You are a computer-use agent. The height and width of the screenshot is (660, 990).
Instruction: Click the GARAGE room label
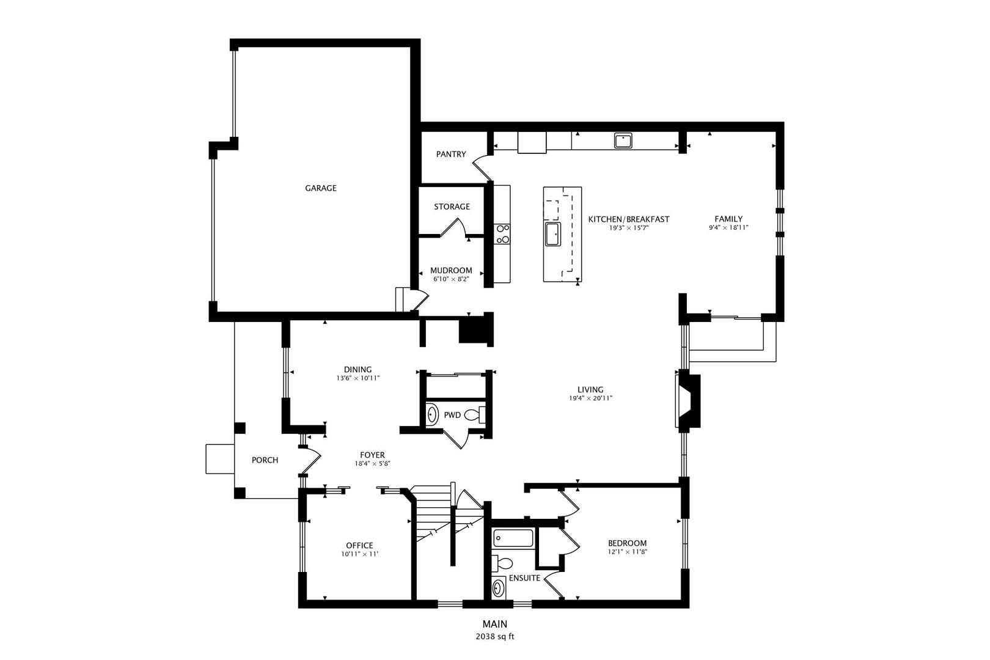(321, 188)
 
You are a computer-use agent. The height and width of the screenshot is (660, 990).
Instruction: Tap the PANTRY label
(451, 155)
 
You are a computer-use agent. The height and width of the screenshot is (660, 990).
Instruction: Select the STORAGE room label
(452, 207)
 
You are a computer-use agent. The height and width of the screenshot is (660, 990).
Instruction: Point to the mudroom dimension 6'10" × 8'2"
(451, 279)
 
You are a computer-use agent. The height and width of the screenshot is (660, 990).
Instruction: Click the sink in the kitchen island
(553, 233)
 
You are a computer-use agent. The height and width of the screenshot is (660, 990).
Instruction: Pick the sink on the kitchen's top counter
(623, 141)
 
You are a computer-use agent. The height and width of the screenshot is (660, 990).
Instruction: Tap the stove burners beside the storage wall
(503, 233)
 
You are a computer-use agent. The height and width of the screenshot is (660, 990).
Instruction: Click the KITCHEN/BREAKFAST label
(628, 219)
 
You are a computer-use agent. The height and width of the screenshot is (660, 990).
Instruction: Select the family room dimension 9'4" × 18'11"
(728, 227)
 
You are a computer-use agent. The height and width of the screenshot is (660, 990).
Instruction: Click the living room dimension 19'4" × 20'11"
(590, 398)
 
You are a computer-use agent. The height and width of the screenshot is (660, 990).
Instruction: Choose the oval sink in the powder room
(432, 415)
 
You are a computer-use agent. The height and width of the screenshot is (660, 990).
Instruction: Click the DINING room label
(358, 369)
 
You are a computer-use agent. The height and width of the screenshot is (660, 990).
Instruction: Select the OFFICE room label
(359, 546)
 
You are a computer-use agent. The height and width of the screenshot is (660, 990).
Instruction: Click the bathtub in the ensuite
(513, 538)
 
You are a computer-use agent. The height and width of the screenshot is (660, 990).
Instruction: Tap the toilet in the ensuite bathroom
(503, 563)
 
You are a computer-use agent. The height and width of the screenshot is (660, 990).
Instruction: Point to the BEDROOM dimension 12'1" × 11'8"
(627, 552)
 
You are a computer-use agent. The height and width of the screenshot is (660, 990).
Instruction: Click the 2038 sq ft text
(495, 637)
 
